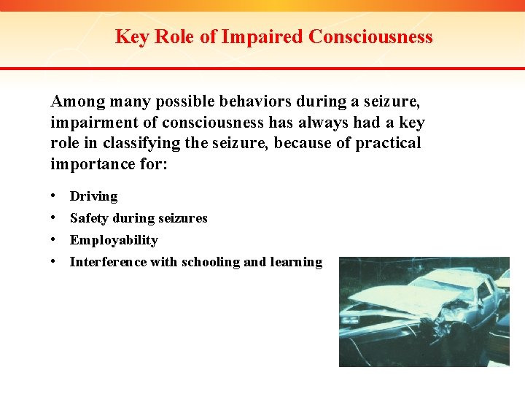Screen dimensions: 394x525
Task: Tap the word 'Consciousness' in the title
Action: pos(371,36)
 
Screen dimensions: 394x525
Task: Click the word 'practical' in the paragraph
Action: pos(388,143)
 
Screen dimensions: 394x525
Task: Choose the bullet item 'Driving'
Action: pos(93,196)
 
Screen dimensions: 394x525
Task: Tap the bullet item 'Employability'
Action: pos(114,240)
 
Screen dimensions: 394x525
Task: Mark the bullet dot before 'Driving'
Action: pos(55,196)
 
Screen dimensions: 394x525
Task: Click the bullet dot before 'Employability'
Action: pos(55,240)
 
